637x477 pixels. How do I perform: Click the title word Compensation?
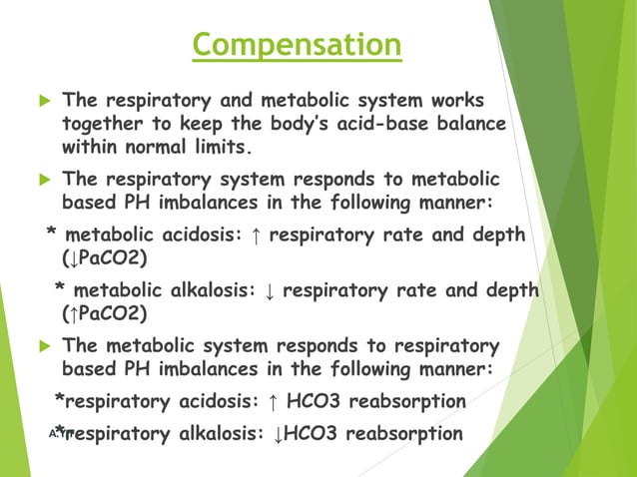click(x=298, y=46)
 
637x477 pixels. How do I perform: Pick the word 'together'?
click(x=105, y=125)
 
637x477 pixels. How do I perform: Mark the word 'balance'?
click(x=470, y=125)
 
